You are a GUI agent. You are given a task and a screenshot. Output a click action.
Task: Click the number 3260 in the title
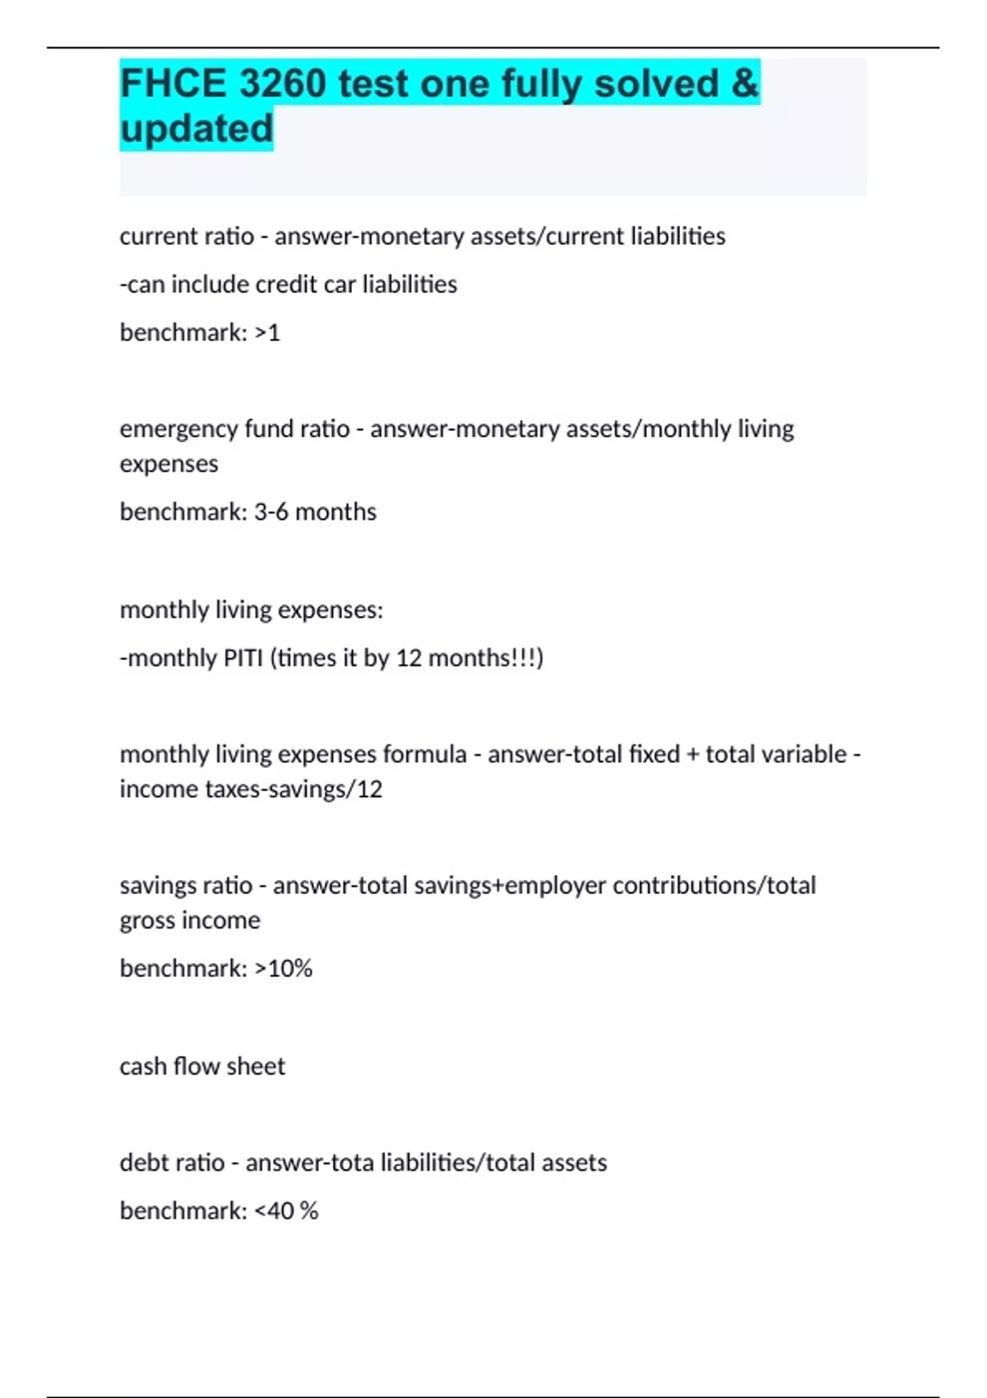point(282,84)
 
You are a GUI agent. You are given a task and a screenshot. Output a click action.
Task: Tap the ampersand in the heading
point(744,84)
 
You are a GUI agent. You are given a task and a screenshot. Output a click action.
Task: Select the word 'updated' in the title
point(197,129)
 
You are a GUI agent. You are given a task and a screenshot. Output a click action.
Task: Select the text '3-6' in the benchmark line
point(271,512)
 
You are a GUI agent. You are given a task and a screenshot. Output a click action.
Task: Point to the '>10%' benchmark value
point(284,969)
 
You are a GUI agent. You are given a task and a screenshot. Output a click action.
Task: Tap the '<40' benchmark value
point(274,1211)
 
